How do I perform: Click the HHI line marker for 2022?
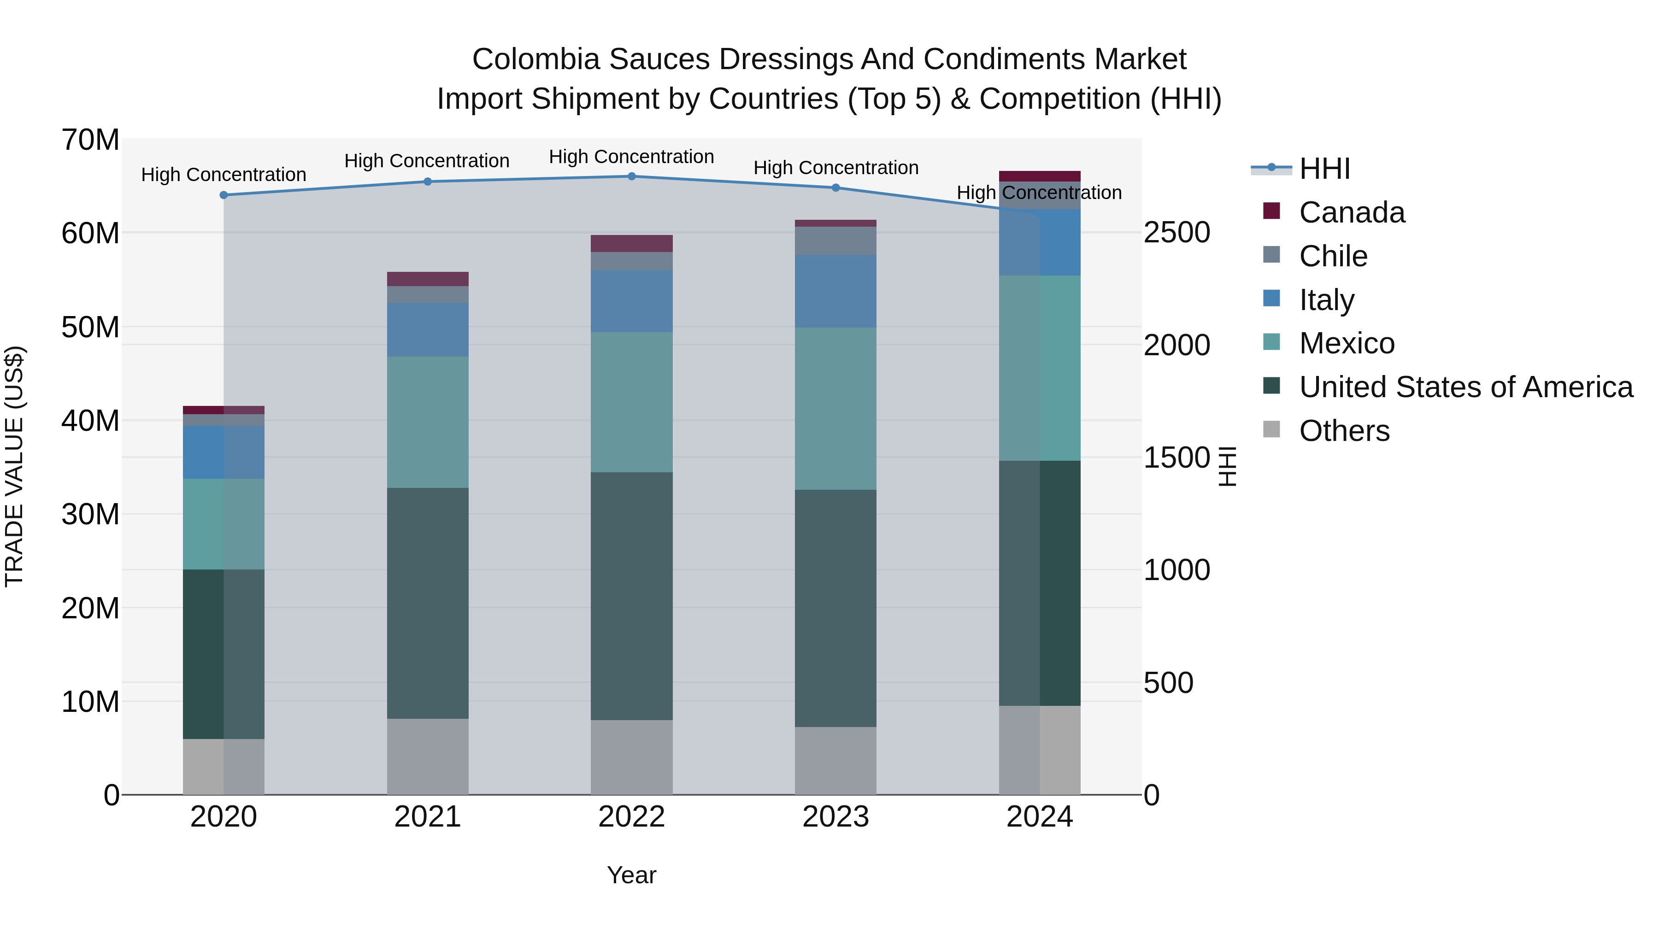click(x=631, y=176)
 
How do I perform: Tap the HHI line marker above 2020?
click(x=224, y=195)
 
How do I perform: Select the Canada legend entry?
click(x=1351, y=212)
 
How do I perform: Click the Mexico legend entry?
click(x=1346, y=343)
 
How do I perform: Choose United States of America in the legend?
click(x=1465, y=387)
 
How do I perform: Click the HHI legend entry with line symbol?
click(x=1324, y=169)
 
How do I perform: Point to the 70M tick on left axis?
click(x=90, y=140)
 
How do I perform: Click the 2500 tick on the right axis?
click(x=1176, y=233)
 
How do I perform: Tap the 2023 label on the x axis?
click(x=835, y=817)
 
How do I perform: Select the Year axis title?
click(x=631, y=875)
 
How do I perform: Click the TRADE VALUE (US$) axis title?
click(x=15, y=466)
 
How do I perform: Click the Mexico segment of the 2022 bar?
click(x=631, y=402)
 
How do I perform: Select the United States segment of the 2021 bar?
click(x=428, y=603)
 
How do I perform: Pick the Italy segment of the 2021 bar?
click(x=428, y=330)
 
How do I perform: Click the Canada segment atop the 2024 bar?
click(x=1040, y=176)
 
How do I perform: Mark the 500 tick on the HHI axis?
click(x=1168, y=682)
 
